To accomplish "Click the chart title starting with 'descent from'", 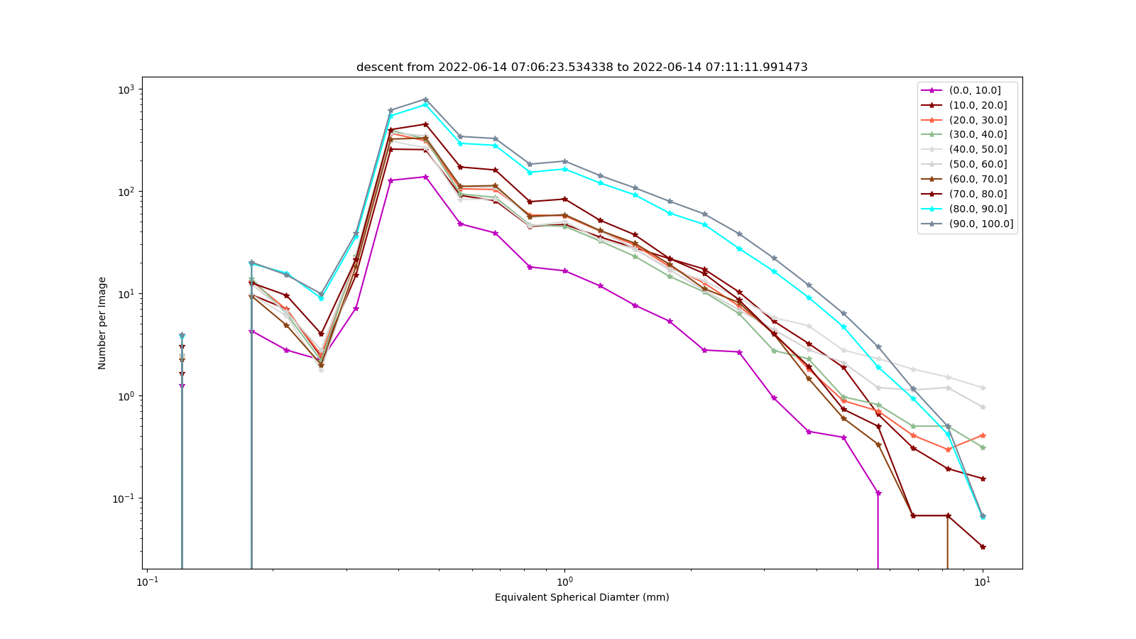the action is point(581,67).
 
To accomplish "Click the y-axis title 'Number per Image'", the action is point(102,323).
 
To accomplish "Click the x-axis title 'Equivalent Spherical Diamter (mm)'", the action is point(581,597).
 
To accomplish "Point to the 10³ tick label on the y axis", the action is point(127,89).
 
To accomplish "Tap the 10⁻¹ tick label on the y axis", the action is point(125,499).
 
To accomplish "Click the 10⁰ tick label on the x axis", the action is point(564,581).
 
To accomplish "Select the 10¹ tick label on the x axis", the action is point(983,581).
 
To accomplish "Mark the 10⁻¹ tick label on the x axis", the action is point(147,581).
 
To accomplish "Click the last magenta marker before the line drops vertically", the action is point(878,493).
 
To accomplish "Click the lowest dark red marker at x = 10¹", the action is point(983,547).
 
